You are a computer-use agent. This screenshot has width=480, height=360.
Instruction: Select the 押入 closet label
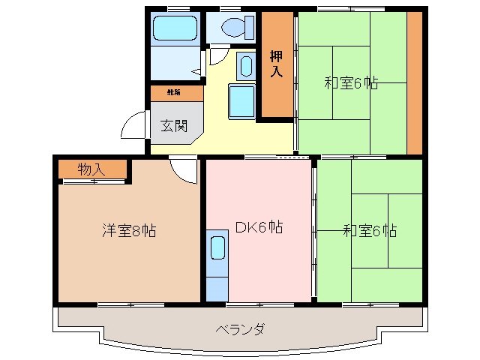pos(277,64)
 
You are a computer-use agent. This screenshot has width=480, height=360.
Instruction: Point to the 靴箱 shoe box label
pos(173,93)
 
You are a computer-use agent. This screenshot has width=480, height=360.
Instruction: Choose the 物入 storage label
pos(91,170)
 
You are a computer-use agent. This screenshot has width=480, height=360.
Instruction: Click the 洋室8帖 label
pos(129,231)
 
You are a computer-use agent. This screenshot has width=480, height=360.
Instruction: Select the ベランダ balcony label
pos(240,329)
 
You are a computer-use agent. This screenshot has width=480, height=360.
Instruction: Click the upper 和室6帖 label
pos(351,83)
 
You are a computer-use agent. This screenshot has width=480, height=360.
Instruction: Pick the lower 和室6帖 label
pos(371,230)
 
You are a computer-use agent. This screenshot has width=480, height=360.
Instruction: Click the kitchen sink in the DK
pos(217,247)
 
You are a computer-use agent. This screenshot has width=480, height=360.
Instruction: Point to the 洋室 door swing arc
pos(182,171)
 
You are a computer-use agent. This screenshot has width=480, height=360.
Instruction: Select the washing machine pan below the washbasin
pos(241,100)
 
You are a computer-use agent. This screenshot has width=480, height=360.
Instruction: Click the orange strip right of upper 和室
pos(413,82)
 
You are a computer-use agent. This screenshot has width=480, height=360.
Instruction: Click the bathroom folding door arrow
pos(196,71)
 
